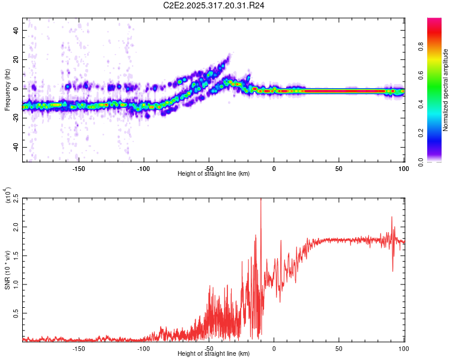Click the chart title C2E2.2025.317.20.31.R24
coord(214,6)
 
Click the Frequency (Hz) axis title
coord(7,90)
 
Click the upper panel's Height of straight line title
coord(214,173)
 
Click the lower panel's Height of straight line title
coord(214,355)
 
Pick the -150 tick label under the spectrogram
coord(79,168)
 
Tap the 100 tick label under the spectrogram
coord(403,168)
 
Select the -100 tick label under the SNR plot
coord(144,349)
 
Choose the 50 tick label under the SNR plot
coord(339,349)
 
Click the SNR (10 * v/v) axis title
coord(7,270)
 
